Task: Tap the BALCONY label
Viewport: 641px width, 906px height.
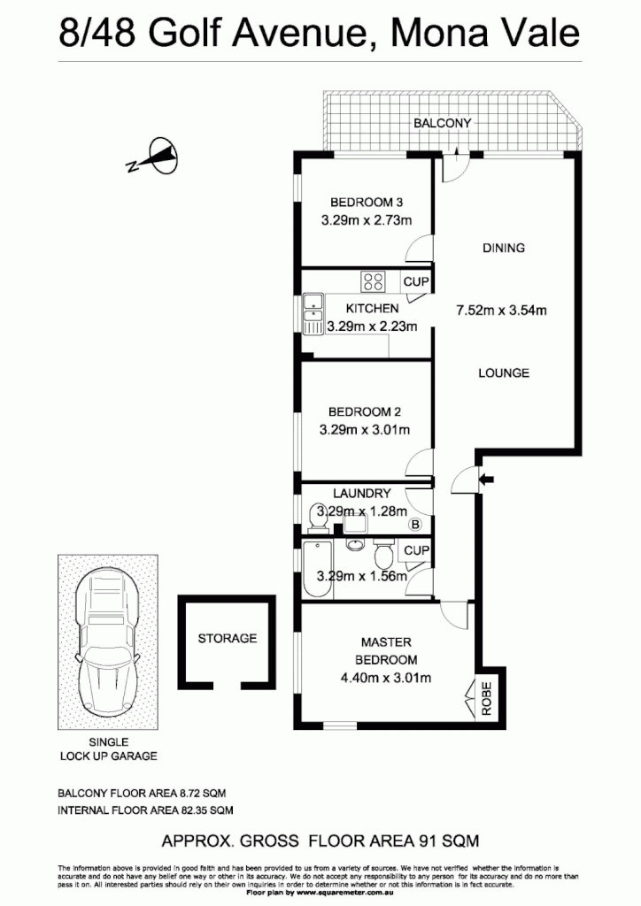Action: [x=443, y=124]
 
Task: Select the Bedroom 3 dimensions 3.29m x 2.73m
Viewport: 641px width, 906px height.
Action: [x=367, y=220]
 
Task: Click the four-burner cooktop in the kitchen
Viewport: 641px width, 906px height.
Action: [x=373, y=282]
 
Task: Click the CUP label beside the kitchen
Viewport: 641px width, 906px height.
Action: [x=416, y=282]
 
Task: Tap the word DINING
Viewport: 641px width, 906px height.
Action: [x=503, y=248]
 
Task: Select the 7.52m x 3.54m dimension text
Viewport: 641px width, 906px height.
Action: [x=501, y=310]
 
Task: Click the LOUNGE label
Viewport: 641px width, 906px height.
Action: [x=504, y=372]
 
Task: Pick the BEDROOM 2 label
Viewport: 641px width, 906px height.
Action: [x=365, y=411]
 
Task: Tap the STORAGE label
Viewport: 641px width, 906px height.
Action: [x=227, y=638]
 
